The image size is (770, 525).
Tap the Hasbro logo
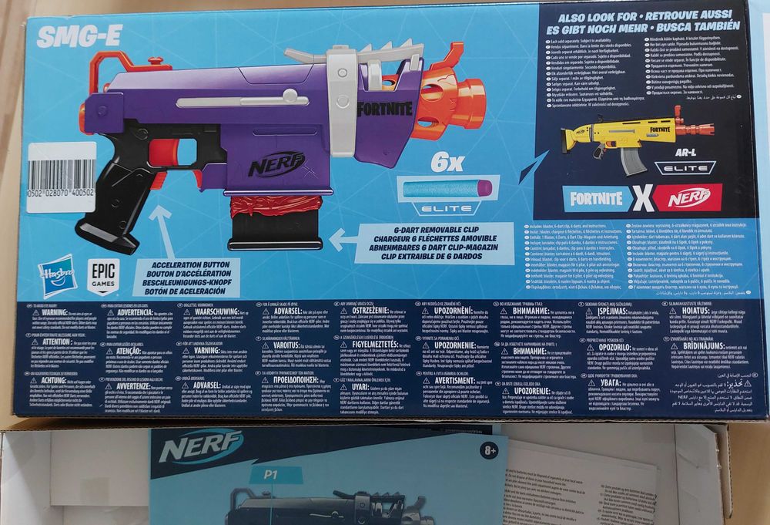59,274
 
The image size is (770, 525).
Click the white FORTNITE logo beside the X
597,197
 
